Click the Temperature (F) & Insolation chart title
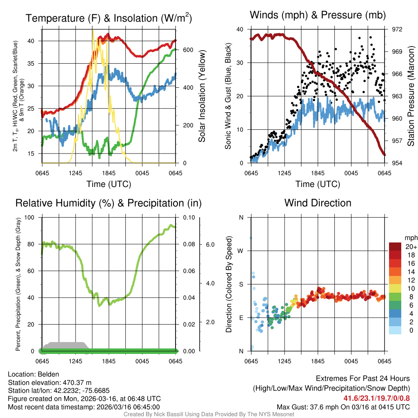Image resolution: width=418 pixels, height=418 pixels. point(109,18)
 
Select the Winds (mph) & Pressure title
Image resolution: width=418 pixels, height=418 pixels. point(318,15)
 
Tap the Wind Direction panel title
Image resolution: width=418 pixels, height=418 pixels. point(318,203)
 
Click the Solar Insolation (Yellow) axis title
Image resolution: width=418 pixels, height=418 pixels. point(202,96)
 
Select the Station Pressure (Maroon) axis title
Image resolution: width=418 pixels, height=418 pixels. point(411,96)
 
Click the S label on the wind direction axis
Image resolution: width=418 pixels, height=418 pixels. point(241,284)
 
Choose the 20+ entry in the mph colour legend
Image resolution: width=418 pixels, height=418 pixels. point(410,247)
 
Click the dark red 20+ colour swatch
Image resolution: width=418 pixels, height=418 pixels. point(395,246)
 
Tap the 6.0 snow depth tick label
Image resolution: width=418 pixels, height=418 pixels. point(210,245)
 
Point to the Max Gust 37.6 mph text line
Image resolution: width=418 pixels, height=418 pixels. point(343,407)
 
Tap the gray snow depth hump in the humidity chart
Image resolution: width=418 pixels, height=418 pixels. point(65,345)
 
